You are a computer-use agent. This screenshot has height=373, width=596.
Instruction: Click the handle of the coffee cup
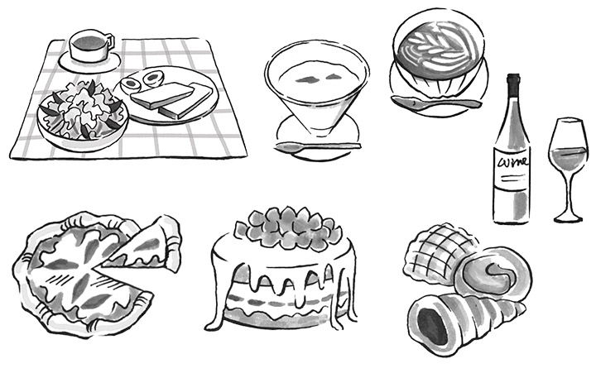point(109,41)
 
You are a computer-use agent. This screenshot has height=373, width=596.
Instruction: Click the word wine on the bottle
point(512,162)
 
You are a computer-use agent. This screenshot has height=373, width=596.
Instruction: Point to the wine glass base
point(568,218)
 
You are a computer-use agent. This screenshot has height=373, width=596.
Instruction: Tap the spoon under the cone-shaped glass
point(317,146)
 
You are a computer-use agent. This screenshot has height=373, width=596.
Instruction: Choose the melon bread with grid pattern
point(438,251)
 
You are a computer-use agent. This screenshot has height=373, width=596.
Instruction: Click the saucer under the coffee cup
point(89,64)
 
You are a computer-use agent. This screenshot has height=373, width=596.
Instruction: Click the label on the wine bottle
point(512,169)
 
